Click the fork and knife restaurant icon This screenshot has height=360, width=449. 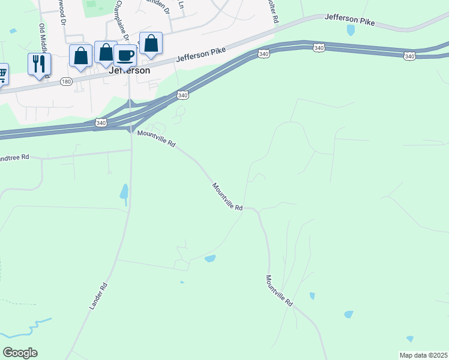click(39, 64)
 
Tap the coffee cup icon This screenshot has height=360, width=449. click(125, 55)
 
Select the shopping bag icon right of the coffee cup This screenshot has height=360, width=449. click(151, 44)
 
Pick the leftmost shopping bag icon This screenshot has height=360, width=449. click(80, 56)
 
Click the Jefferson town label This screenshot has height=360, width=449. click(129, 70)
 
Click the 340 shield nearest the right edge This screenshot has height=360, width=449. click(409, 56)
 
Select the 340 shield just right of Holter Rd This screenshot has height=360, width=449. click(319, 47)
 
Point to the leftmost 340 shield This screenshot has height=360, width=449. click(101, 123)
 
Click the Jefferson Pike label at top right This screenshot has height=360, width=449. click(349, 20)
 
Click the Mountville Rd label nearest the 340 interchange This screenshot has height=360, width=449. click(156, 139)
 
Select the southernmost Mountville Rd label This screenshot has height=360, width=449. click(279, 291)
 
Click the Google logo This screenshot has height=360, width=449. click(20, 353)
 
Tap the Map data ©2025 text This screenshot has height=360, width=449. click(423, 355)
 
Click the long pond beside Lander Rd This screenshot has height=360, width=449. click(124, 192)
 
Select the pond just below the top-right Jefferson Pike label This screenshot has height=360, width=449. click(351, 30)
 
